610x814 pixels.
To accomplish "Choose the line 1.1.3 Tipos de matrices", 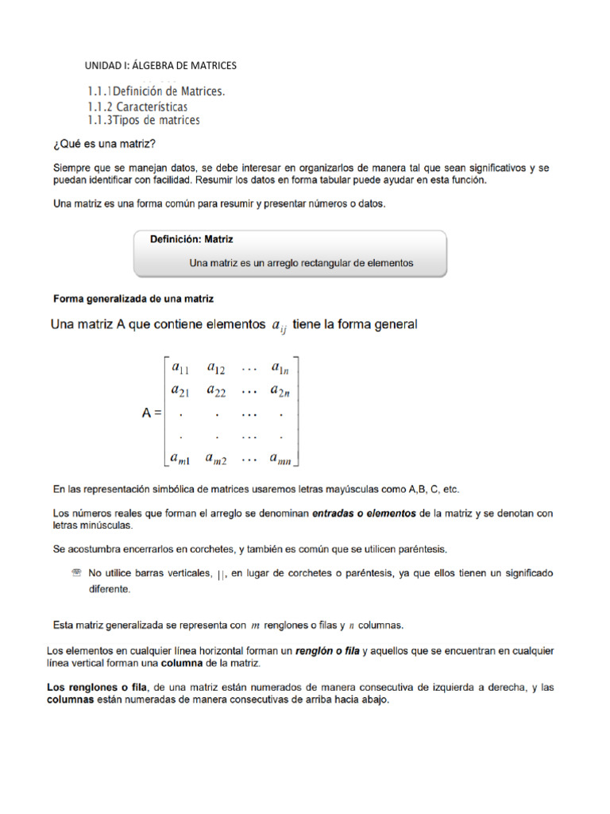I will (x=144, y=120).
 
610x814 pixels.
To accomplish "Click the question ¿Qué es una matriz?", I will (x=103, y=143).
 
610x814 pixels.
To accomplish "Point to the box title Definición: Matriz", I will (x=191, y=238).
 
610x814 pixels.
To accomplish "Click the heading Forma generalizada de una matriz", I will (x=133, y=299).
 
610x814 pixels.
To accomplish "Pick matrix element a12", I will (x=216, y=368).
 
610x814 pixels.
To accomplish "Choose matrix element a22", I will (x=216, y=390).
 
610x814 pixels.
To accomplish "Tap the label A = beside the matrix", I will (x=146, y=413).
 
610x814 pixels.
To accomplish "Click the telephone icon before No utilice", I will (x=76, y=572).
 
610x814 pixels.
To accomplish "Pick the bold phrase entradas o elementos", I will (x=365, y=514).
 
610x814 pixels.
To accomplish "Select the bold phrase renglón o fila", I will (x=327, y=651).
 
